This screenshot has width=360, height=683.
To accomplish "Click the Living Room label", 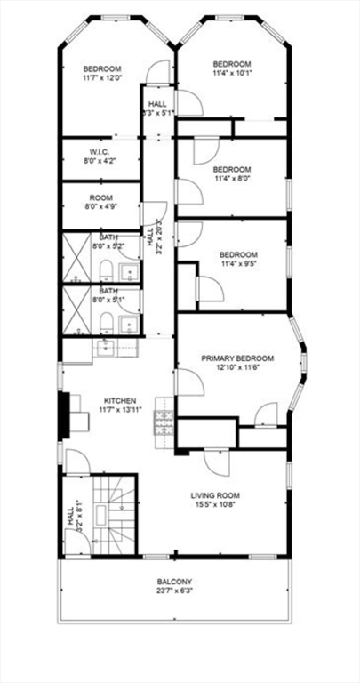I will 215,495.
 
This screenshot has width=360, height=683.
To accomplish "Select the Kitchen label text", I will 119,401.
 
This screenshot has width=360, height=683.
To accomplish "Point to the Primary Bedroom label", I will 237,358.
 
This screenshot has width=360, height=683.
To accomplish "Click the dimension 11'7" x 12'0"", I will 102,79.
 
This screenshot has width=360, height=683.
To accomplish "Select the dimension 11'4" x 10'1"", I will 232,74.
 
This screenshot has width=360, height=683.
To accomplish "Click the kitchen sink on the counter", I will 105,346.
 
